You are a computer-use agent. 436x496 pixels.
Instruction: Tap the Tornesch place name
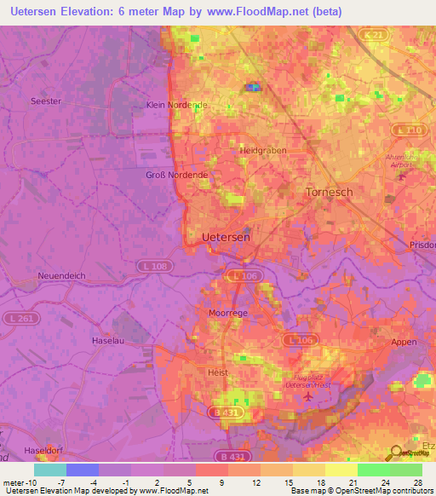[329, 193]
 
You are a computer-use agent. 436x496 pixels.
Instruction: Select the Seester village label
[46, 101]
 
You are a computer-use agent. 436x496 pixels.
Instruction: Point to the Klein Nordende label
[177, 105]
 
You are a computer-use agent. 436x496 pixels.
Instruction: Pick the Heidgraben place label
[263, 150]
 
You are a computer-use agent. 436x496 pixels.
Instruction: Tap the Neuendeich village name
[62, 276]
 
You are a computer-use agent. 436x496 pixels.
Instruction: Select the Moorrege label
[228, 313]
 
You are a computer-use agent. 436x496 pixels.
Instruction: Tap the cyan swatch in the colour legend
[50, 470]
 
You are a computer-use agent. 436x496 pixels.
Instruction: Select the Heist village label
[219, 372]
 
